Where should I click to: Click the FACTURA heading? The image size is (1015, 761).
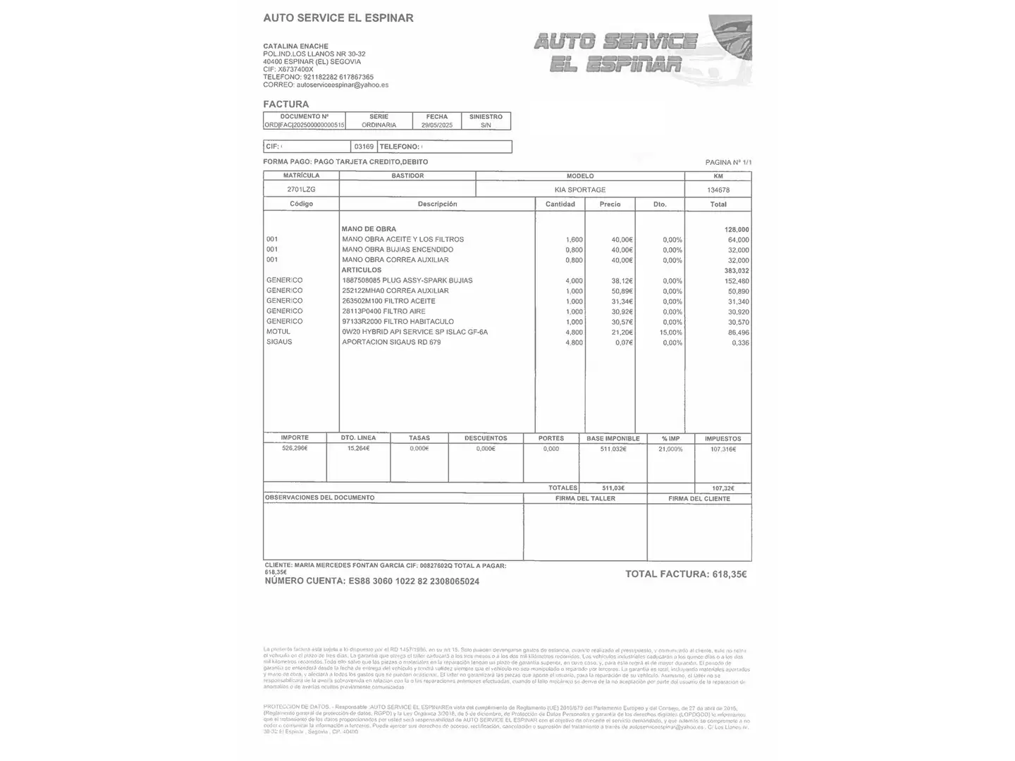[285, 104]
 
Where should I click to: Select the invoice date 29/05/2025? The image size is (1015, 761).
[437, 125]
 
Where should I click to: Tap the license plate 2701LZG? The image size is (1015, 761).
[301, 190]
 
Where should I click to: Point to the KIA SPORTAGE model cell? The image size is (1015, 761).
[580, 190]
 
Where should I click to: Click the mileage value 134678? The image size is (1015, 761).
[718, 190]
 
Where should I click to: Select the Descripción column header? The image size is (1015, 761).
[437, 204]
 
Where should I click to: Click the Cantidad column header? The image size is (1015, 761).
[560, 204]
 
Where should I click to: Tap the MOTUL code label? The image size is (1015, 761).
[278, 332]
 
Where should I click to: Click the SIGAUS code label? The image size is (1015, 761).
[279, 342]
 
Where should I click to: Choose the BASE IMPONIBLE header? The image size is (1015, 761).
[613, 438]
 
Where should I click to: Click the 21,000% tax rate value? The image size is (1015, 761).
[670, 449]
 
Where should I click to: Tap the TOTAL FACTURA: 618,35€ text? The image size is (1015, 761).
[686, 574]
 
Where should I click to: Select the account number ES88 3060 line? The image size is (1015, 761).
[371, 581]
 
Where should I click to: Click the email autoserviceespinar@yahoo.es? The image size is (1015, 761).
[343, 85]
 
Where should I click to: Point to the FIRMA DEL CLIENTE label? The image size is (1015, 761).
[699, 499]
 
